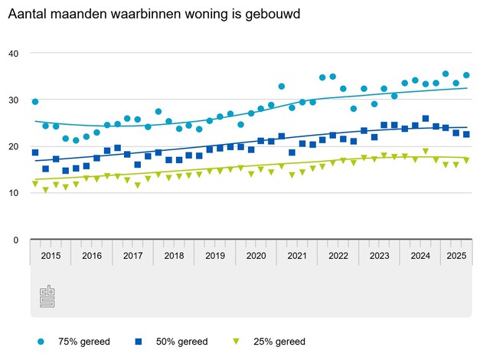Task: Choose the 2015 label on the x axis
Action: (x=51, y=255)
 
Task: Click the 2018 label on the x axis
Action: (x=174, y=255)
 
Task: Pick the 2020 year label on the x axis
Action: (x=256, y=255)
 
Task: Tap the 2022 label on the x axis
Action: (x=338, y=255)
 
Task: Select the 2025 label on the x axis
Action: (x=456, y=255)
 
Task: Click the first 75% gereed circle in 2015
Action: (x=35, y=101)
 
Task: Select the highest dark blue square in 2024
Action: (x=426, y=119)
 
